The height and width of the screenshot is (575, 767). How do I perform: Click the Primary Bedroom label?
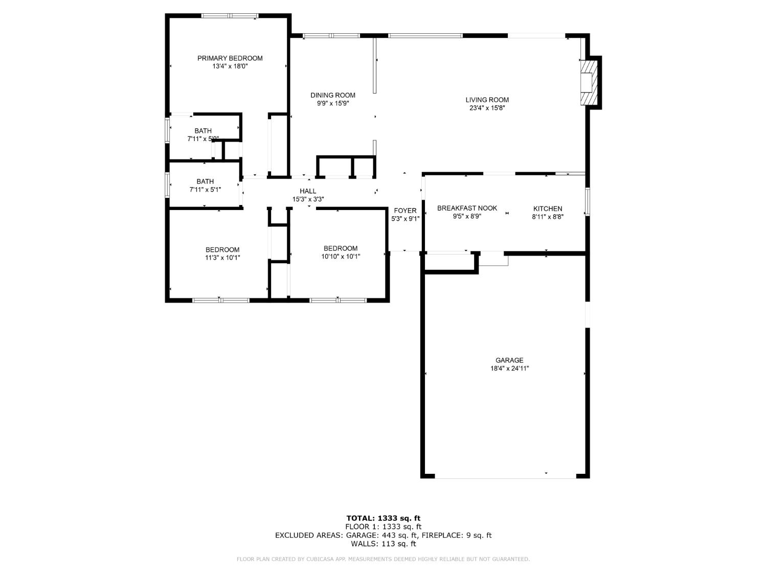pos(230,58)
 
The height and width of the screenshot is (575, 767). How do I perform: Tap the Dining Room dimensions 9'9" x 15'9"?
pos(333,103)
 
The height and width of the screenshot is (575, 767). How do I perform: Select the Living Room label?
pos(487,100)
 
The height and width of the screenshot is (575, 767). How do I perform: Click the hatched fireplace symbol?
pos(588,83)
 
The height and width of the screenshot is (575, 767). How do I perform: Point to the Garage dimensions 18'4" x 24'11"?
pos(509,368)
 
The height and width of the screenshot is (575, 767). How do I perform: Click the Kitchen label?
pos(547,209)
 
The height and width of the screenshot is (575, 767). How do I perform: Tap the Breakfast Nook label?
pos(467,208)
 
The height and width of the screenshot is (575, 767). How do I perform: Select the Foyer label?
pos(405,211)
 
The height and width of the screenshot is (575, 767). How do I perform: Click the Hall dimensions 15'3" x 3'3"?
pos(308,199)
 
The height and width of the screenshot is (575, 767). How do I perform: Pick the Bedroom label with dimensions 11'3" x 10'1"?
pos(222,250)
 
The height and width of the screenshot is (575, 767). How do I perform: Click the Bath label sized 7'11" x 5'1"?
pos(205,181)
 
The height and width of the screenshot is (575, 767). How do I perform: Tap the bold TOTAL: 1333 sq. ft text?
pos(383,518)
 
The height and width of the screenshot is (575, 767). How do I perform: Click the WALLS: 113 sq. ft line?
pos(383,544)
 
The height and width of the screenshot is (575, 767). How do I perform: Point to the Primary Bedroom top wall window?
pos(230,16)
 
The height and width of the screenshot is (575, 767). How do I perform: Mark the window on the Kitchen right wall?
pos(588,202)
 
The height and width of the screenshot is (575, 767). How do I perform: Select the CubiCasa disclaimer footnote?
pos(383,559)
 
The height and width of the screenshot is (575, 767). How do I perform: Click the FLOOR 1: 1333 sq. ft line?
pos(383,526)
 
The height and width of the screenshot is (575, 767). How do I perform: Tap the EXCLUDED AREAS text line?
pos(383,535)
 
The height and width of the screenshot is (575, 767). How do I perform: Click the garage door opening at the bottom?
pos(505,476)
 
